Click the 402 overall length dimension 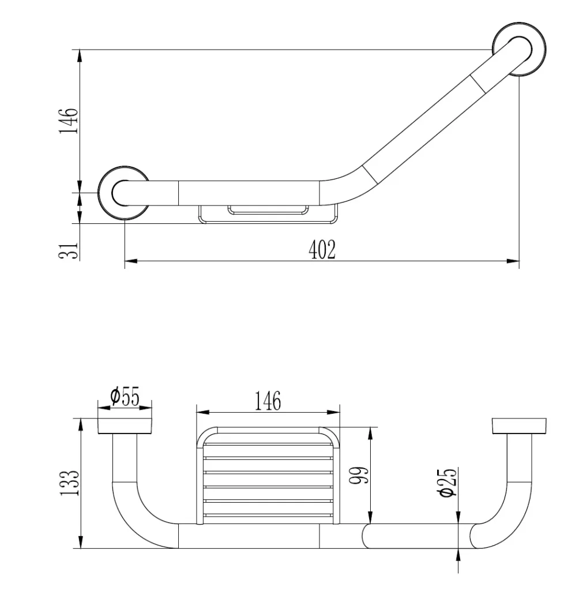322,250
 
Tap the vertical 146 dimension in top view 69,121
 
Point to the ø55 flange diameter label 125,396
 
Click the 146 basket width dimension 268,401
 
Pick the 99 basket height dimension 359,476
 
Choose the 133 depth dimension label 70,483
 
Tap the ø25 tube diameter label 448,483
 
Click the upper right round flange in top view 520,50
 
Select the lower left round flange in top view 124,193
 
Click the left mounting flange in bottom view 125,426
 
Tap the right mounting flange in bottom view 520,426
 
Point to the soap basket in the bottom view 268,476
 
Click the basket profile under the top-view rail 268,215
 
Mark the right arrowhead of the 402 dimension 513,261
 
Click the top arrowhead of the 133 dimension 80,424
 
